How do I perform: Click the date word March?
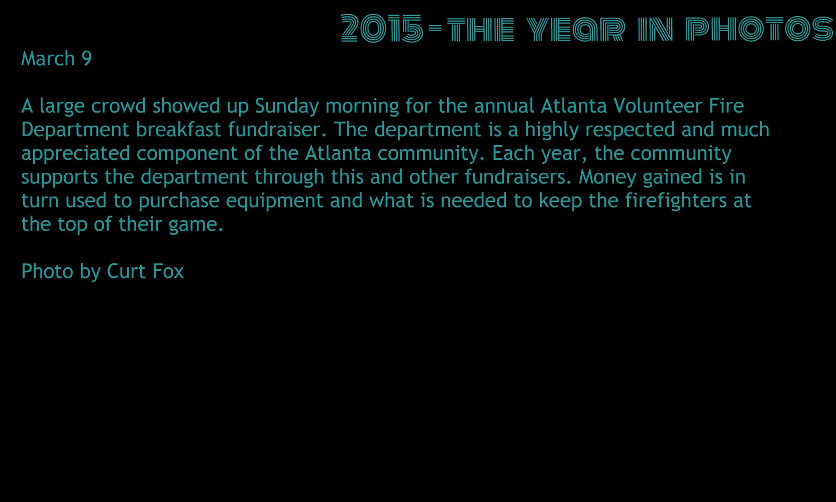tap(48, 59)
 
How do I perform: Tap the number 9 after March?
tap(86, 59)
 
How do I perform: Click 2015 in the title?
tap(382, 28)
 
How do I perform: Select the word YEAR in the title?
tap(575, 29)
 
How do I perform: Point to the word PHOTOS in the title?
tap(760, 29)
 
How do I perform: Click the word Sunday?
tap(287, 107)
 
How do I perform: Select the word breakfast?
tap(178, 130)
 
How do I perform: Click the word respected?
tap(630, 130)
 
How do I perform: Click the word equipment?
tap(274, 201)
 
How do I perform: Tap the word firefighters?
tap(676, 201)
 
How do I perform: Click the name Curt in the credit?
tap(126, 271)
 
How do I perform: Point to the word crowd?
tap(118, 106)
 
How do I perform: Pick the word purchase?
tap(179, 201)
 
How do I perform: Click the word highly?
tap(552, 130)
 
